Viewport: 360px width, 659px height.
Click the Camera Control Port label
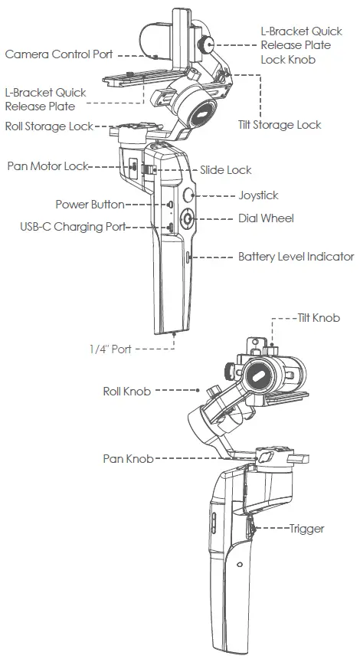59,54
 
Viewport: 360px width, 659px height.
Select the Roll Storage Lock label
49,126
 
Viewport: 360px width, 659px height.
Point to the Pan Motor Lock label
47,166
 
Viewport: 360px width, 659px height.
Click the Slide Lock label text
226,170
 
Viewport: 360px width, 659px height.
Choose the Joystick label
260,195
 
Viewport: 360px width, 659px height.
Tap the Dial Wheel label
266,218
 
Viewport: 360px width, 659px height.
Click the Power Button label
90,205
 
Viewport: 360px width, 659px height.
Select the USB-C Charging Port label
73,227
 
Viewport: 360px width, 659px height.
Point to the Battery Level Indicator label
296,257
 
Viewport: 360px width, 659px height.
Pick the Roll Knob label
127,391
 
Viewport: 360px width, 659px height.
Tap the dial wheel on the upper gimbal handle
188,220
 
